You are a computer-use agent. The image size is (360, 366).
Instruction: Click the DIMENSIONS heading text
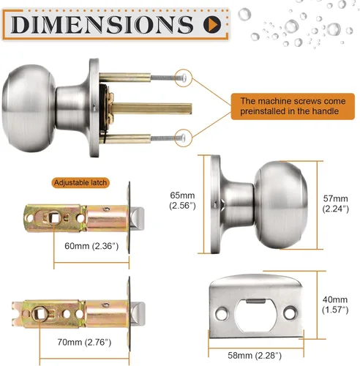pyautogui.click(x=102, y=25)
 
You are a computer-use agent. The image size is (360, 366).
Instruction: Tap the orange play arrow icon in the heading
pyautogui.click(x=212, y=24)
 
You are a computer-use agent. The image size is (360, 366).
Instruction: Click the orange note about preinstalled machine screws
pyautogui.click(x=293, y=106)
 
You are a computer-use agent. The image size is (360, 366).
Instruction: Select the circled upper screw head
pyautogui.click(x=184, y=78)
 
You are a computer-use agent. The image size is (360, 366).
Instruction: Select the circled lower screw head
pyautogui.click(x=184, y=138)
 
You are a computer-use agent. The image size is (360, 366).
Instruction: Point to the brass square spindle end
pyautogui.click(x=190, y=109)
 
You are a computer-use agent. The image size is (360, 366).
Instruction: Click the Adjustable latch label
pyautogui.click(x=80, y=182)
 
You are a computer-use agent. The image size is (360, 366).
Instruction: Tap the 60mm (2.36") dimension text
pyautogui.click(x=91, y=246)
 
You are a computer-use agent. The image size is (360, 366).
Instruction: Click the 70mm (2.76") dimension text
pyautogui.click(x=84, y=342)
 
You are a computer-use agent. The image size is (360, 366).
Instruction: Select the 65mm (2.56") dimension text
pyautogui.click(x=182, y=201)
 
